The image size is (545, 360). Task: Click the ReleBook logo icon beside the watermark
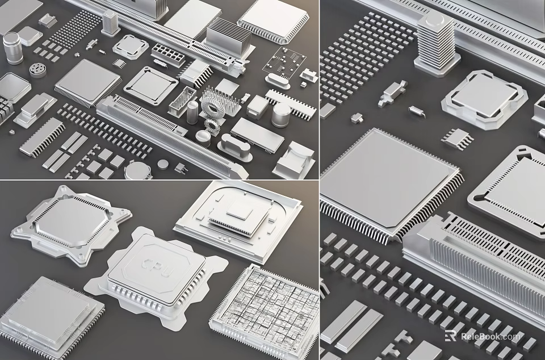pyautogui.click(x=450, y=336)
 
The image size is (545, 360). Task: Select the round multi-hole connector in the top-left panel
pyautogui.click(x=38, y=70)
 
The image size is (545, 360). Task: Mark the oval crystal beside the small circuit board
pyautogui.click(x=276, y=82)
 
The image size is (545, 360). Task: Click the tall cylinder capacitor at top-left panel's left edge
pyautogui.click(x=12, y=48)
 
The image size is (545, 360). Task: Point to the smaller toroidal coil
pyautogui.click(x=213, y=124)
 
